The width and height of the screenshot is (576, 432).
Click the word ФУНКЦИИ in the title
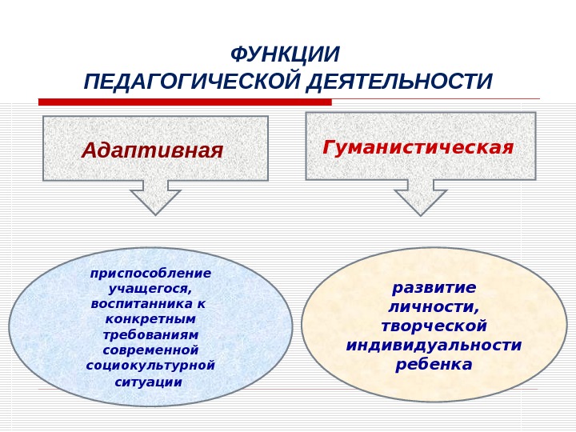tap(285, 55)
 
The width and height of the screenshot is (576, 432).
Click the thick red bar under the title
tap(185, 102)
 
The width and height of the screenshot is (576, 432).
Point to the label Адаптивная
tap(152, 150)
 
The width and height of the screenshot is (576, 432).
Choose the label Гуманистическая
tap(418, 148)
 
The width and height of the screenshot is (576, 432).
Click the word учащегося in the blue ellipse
tap(150, 289)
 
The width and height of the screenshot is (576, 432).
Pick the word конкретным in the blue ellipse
tap(150, 319)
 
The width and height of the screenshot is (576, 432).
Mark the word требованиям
tap(150, 334)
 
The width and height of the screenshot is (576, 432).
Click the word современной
tap(150, 350)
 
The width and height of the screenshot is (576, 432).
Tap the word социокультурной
tap(150, 365)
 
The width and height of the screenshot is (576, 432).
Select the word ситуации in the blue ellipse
tap(149, 382)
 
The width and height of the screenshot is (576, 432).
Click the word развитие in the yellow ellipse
tap(434, 287)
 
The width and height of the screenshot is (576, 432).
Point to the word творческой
tap(434, 326)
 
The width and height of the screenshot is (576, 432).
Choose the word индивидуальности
tap(434, 346)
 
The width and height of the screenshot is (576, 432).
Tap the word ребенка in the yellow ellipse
tap(434, 365)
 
